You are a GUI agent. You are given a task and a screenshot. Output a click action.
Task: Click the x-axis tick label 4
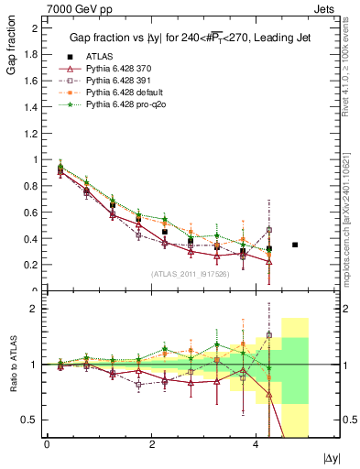point(255,443)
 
